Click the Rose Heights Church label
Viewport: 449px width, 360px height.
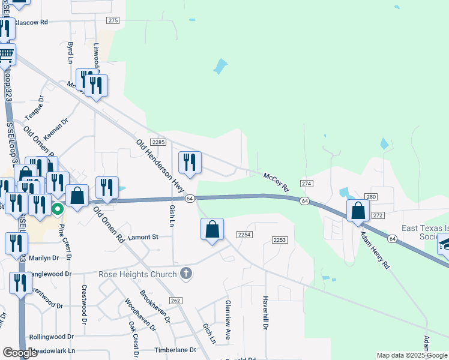click(x=147, y=274)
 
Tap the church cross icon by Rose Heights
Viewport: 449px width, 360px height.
click(x=186, y=274)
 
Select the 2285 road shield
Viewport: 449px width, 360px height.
click(x=158, y=142)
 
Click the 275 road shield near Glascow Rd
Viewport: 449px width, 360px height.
click(x=113, y=20)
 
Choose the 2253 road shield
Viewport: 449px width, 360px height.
click(x=280, y=240)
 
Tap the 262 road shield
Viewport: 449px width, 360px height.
click(x=175, y=300)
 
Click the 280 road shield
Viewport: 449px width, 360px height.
click(x=370, y=197)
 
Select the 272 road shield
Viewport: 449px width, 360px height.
click(x=378, y=215)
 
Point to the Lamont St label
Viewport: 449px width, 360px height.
click(x=142, y=237)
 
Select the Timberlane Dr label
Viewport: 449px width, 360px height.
click(x=175, y=349)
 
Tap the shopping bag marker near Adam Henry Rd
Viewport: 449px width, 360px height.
click(x=358, y=211)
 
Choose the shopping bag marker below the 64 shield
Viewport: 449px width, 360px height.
click(x=212, y=229)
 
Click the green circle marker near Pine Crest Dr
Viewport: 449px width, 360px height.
click(x=58, y=209)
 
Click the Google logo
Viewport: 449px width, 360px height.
click(x=20, y=353)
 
